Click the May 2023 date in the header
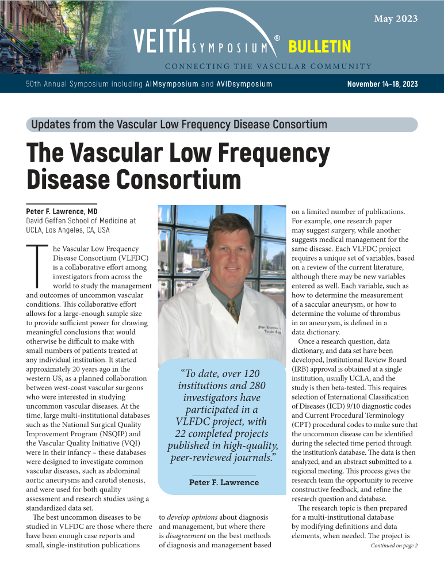tap(396, 19)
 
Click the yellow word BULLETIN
tap(320, 47)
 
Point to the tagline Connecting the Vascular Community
tap(268, 66)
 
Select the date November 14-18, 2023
tap(382, 84)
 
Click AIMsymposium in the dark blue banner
tap(170, 84)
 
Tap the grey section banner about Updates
tap(222, 124)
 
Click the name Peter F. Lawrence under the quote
tap(224, 482)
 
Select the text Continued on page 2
tap(394, 545)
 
